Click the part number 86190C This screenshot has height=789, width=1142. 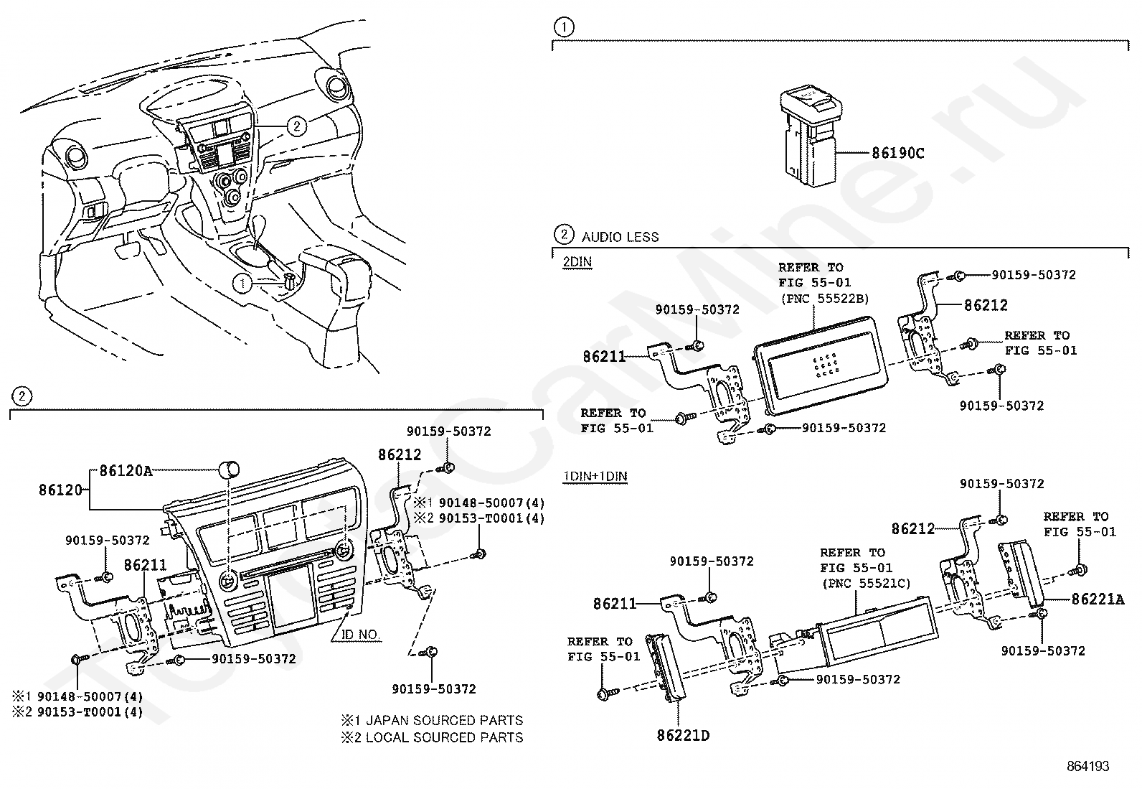point(897,153)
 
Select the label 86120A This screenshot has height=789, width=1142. point(126,471)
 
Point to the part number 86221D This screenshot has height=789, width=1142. point(683,735)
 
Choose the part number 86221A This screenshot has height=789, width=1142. point(1098,599)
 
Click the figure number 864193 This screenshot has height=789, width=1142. point(1087,767)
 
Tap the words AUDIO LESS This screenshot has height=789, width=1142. point(620,237)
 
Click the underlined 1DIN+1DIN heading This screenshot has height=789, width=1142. point(595,476)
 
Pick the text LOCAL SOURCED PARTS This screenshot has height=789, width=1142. point(444,737)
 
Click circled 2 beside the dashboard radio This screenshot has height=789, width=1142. point(296,126)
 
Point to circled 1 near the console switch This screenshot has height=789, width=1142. point(242,284)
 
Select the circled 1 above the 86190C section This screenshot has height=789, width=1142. point(565,28)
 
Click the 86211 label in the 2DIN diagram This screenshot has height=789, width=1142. point(604,355)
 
